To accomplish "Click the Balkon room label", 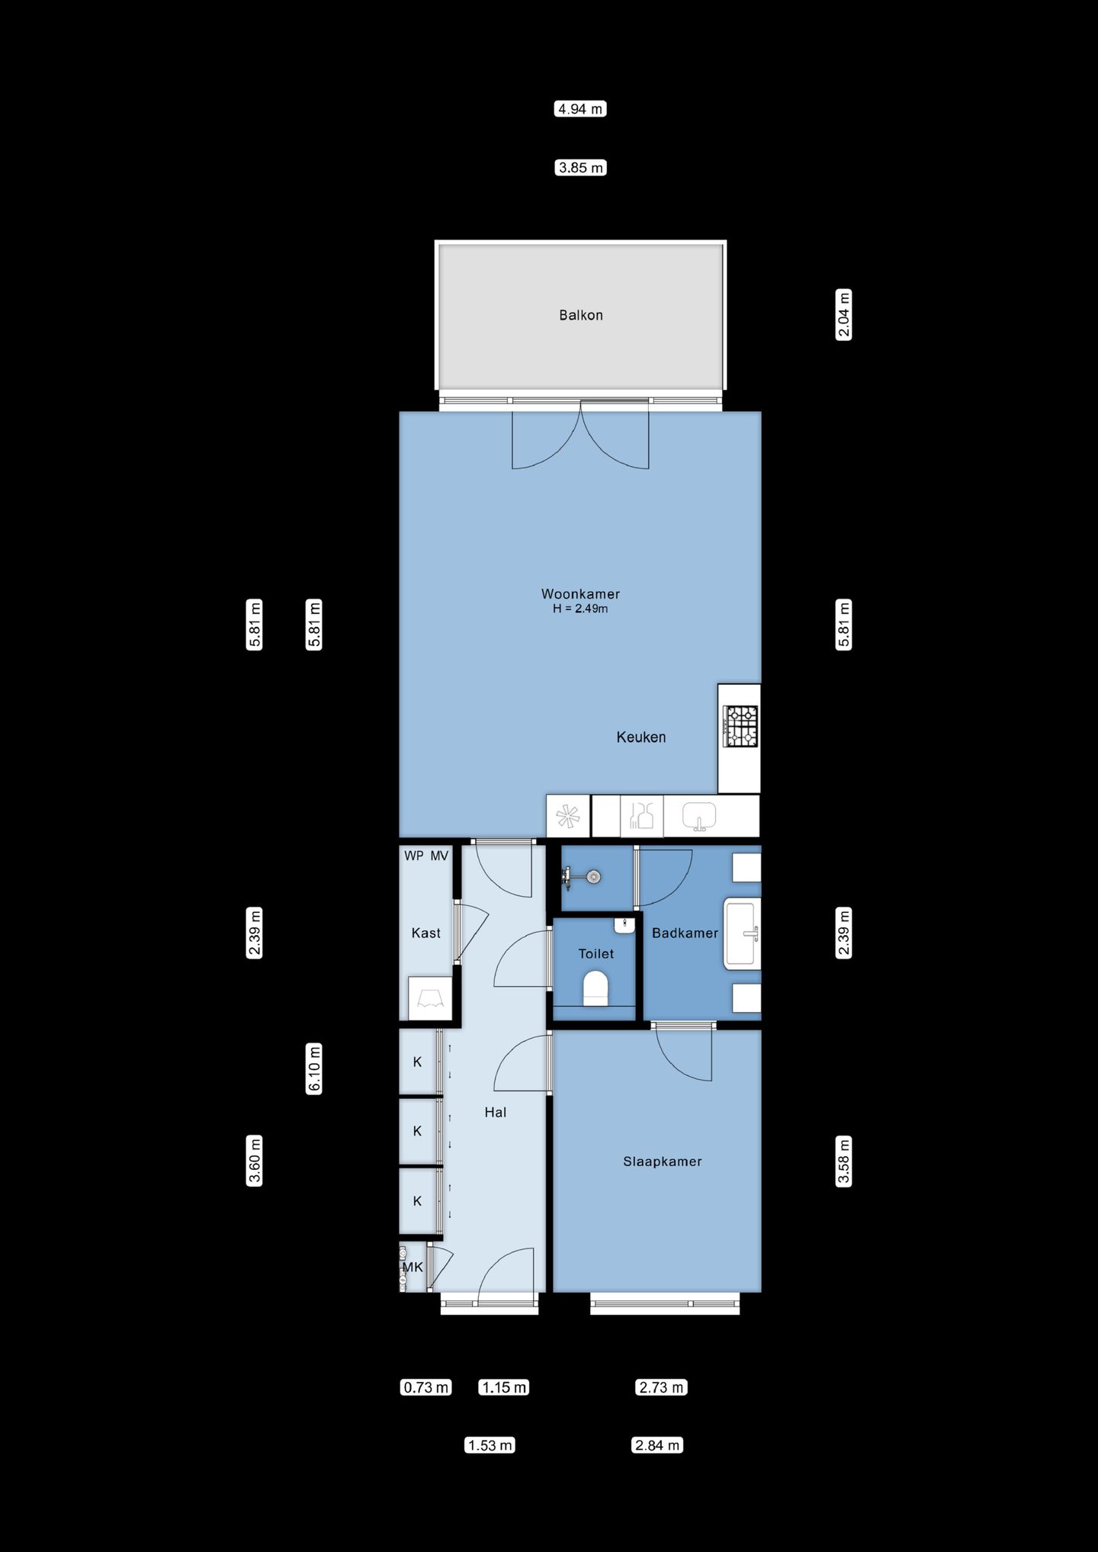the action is click(x=580, y=315).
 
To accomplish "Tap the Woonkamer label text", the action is click(x=580, y=593).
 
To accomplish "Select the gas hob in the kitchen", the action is click(x=740, y=726).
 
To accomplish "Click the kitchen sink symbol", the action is click(x=699, y=816).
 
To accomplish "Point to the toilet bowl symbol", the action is click(x=596, y=989).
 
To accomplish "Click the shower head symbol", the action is click(x=583, y=877).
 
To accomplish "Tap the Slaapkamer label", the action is click(x=662, y=1162).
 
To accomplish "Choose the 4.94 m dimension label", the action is click(x=580, y=109).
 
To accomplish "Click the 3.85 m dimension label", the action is click(x=581, y=168).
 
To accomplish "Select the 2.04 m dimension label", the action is click(x=844, y=314).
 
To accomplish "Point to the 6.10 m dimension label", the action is click(x=314, y=1068).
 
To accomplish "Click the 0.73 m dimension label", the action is click(x=426, y=1387).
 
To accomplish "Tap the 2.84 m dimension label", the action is click(x=657, y=1445).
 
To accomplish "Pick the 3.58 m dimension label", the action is click(x=844, y=1162).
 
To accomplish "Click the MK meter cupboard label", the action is click(x=413, y=1268).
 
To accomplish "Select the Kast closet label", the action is click(x=425, y=933).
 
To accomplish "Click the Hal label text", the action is click(x=496, y=1113).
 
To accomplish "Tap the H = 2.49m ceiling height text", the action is click(x=580, y=609).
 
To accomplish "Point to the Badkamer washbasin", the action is click(x=742, y=934).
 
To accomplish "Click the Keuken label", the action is click(x=641, y=737).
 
